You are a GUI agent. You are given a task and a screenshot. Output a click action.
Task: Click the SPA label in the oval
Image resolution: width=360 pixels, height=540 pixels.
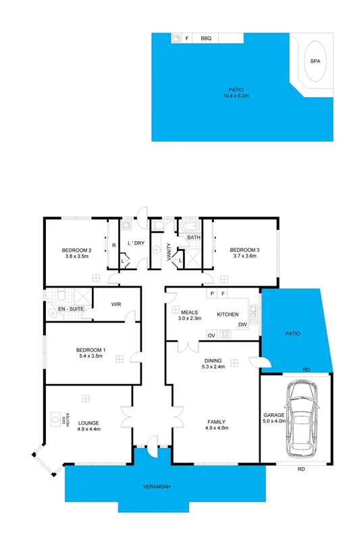[315, 61]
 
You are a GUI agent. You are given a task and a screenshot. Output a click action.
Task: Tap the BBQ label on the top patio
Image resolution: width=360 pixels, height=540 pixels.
[206, 39]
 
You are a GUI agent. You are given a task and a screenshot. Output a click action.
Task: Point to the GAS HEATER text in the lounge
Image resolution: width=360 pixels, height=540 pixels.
[65, 420]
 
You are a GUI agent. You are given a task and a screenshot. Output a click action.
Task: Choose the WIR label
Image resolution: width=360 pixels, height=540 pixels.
[115, 304]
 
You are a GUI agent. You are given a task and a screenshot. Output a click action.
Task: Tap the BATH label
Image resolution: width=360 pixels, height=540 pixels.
[194, 238]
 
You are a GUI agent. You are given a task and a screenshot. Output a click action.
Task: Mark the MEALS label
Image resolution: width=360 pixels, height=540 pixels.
[189, 312]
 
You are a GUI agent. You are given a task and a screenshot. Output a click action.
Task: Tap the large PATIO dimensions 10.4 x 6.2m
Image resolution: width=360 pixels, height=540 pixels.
[236, 96]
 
